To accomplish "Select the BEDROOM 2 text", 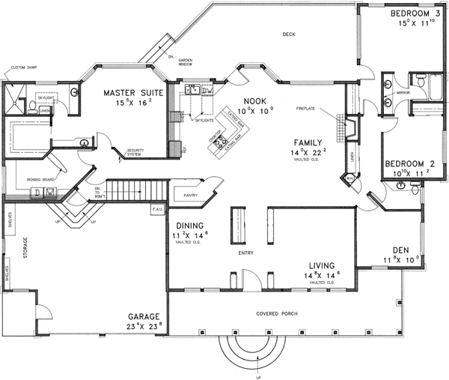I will click(409, 163).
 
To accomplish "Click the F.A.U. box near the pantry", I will click(158, 208).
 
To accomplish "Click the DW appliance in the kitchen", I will click(207, 91).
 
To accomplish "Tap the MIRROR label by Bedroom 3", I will click(402, 94).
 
